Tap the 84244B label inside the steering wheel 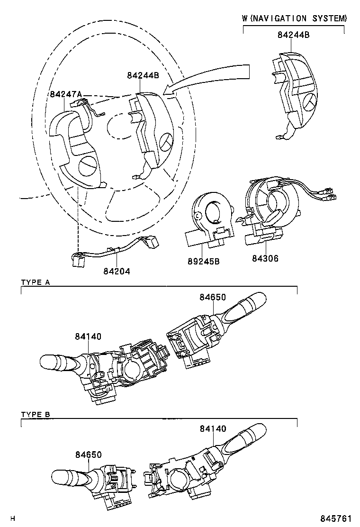[143, 75]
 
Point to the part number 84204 [117, 271]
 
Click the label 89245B [204, 261]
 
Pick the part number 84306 [265, 259]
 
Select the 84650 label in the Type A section [212, 297]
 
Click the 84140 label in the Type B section [213, 428]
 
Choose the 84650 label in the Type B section [88, 454]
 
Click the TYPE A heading [36, 282]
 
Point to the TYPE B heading [36, 415]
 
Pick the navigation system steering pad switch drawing [294, 95]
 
